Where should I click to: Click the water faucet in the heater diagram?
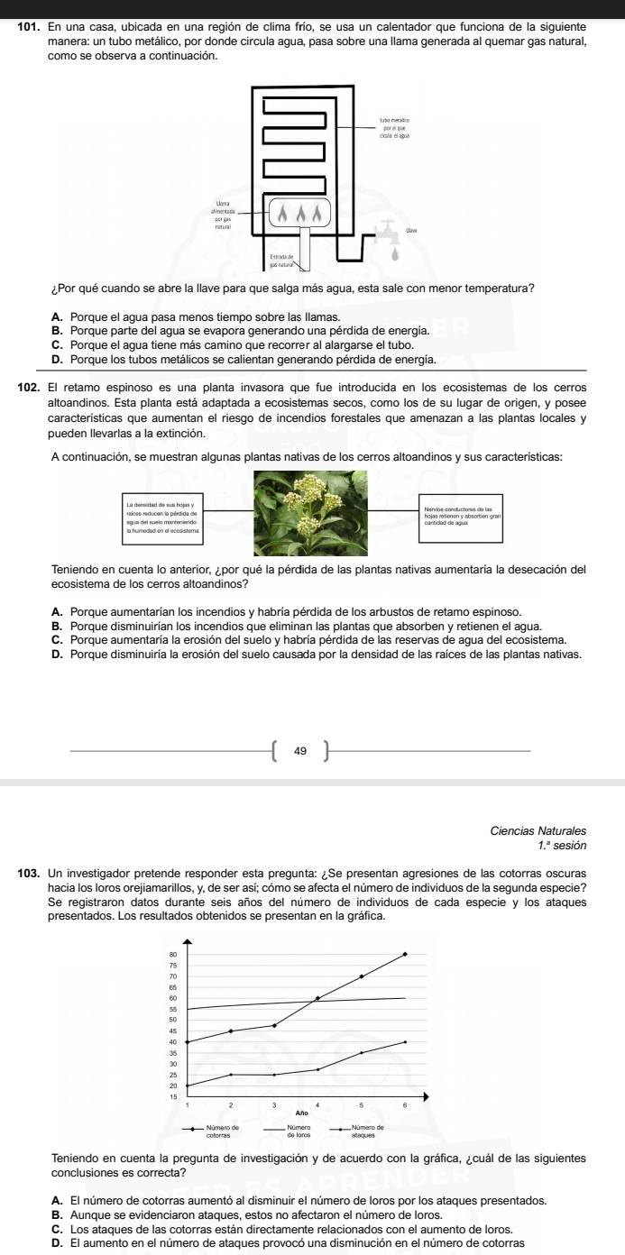coord(390,231)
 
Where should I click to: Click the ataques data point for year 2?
coord(231,1075)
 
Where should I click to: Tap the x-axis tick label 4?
coord(317,1104)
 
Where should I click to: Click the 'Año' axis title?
coord(296,1114)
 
